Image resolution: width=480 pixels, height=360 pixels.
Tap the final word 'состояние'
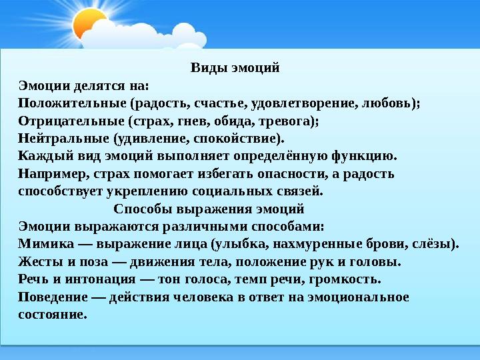(53, 314)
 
